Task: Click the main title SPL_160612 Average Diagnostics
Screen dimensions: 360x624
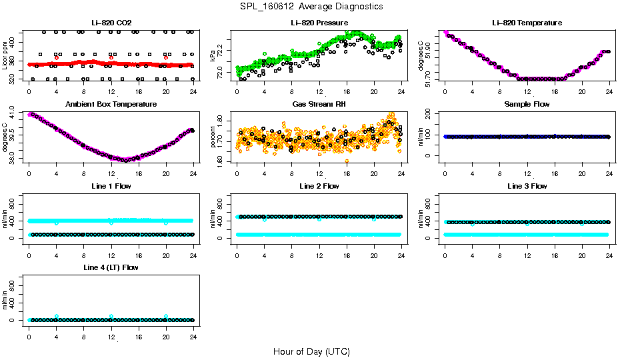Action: coord(312,7)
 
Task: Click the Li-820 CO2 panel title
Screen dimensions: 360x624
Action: coord(111,23)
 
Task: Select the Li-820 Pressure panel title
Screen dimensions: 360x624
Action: coord(319,23)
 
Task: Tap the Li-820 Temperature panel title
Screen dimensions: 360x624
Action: coord(527,23)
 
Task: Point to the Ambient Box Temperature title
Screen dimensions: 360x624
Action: coord(111,105)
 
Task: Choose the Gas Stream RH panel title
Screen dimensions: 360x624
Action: coord(319,105)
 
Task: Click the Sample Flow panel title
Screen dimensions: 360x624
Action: coord(527,105)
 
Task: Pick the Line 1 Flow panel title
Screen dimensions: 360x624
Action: coord(111,186)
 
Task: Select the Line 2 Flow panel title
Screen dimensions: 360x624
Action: coord(319,186)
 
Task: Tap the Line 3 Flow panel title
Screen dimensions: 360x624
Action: coord(527,186)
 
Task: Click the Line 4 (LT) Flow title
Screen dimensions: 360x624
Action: coord(111,267)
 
